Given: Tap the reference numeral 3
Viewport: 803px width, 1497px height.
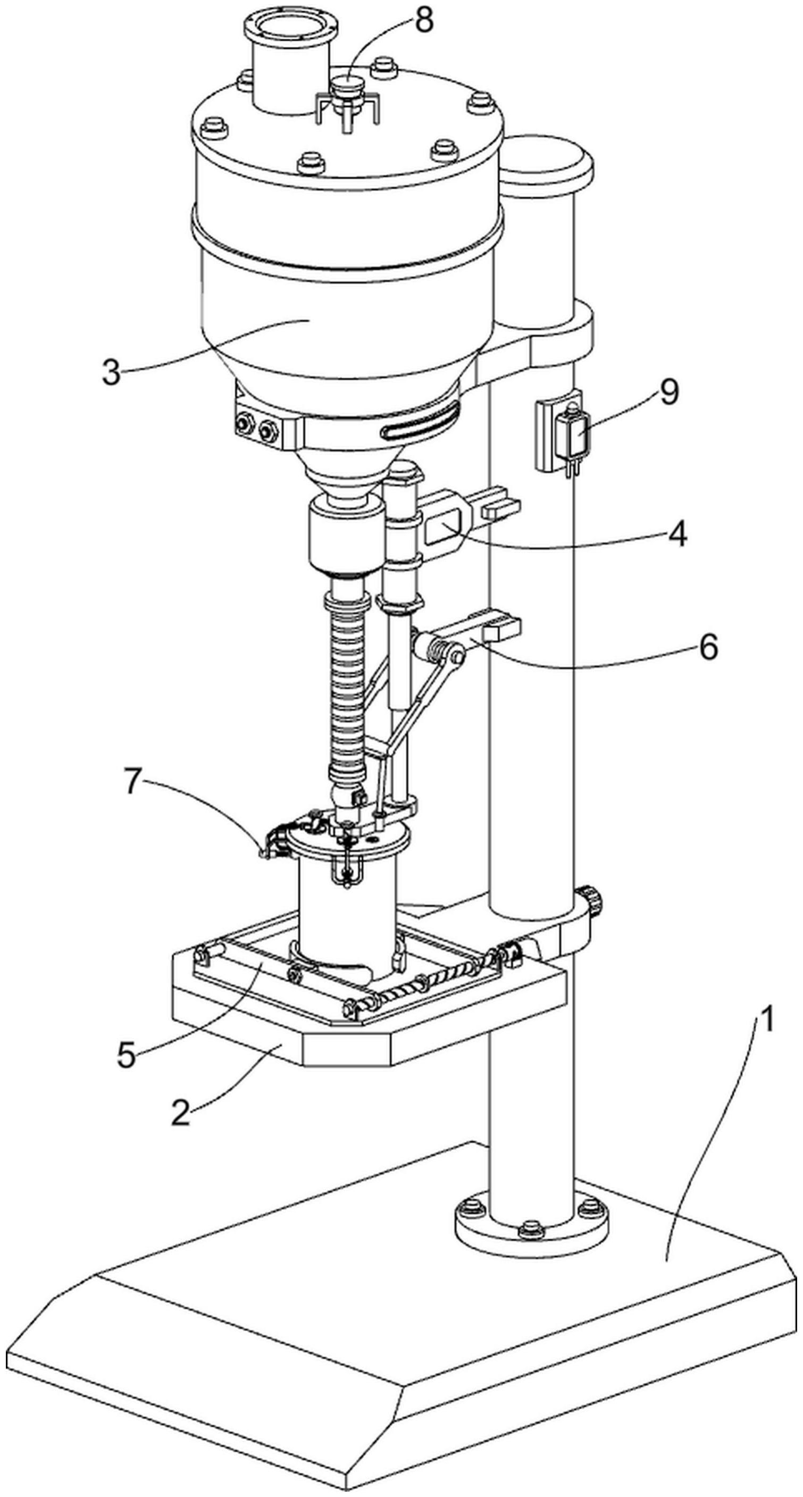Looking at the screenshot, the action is [112, 372].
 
